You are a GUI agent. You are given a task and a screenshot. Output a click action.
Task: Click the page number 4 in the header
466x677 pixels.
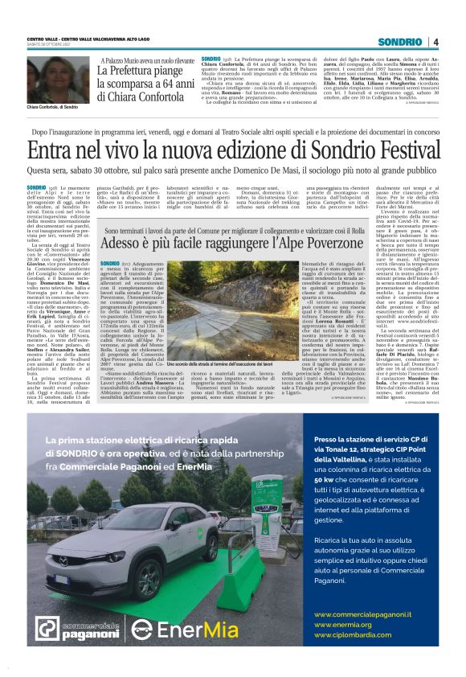(435, 42)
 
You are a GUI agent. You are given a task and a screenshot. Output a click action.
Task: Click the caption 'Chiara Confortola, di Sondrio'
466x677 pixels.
(53, 107)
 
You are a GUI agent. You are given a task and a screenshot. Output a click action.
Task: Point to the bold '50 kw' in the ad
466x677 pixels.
(325, 478)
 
